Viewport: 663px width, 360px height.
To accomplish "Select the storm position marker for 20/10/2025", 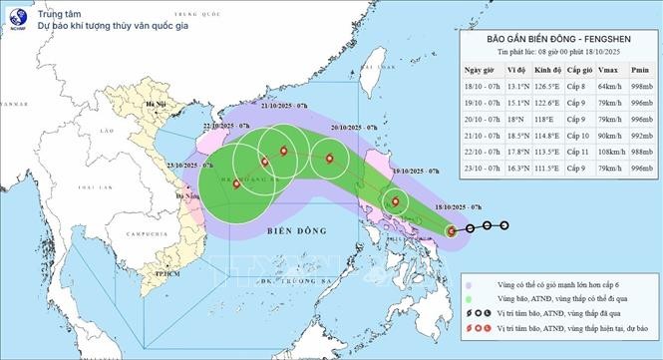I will pos(327,158).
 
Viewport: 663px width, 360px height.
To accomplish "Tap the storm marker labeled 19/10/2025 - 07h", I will pos(397,202).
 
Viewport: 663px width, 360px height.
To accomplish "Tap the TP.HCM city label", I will pos(154,271).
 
